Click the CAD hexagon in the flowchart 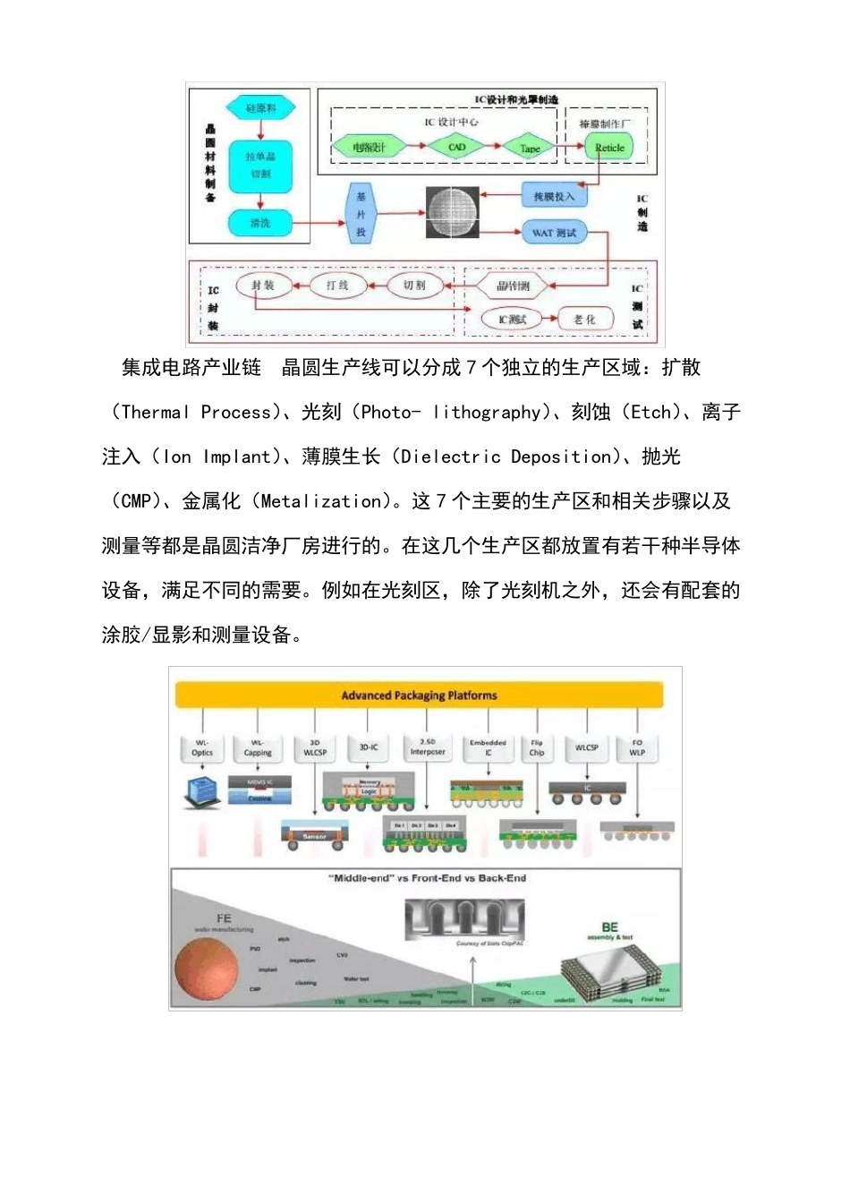456,147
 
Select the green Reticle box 609,148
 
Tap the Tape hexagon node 530,148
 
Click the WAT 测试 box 554,233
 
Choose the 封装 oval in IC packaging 262,286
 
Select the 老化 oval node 583,320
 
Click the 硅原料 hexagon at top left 260,108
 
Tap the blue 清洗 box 260,223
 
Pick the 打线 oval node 337,286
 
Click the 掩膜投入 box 554,196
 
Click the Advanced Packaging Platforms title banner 419,695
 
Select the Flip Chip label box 537,747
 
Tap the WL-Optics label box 202,747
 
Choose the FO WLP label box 637,747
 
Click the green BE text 610,927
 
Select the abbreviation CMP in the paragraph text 135,501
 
